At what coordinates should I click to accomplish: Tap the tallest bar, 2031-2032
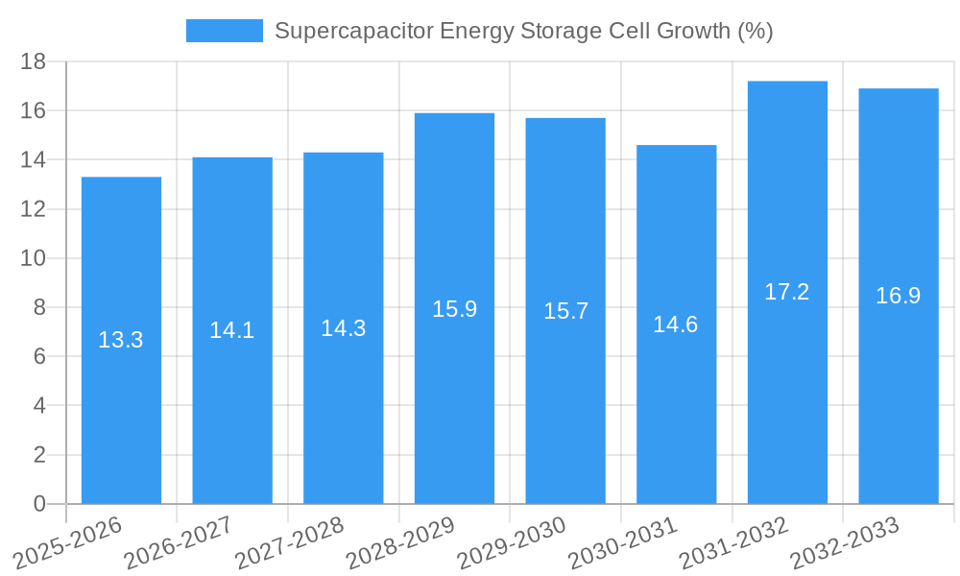pyautogui.click(x=787, y=384)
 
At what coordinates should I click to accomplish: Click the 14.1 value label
pyautogui.click(x=231, y=330)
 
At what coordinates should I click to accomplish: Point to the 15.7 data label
pyautogui.click(x=565, y=311)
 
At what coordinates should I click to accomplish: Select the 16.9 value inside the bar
pyautogui.click(x=898, y=296)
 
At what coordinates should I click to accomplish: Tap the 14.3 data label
pyautogui.click(x=343, y=328)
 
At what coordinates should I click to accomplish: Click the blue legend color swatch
pyautogui.click(x=224, y=31)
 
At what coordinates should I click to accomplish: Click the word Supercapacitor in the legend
pyautogui.click(x=352, y=31)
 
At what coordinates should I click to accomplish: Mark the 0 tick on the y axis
pyautogui.click(x=39, y=504)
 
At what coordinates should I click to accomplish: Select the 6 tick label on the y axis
pyautogui.click(x=39, y=356)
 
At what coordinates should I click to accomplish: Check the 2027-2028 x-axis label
pyautogui.click(x=290, y=543)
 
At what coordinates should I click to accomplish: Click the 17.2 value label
pyautogui.click(x=786, y=292)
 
